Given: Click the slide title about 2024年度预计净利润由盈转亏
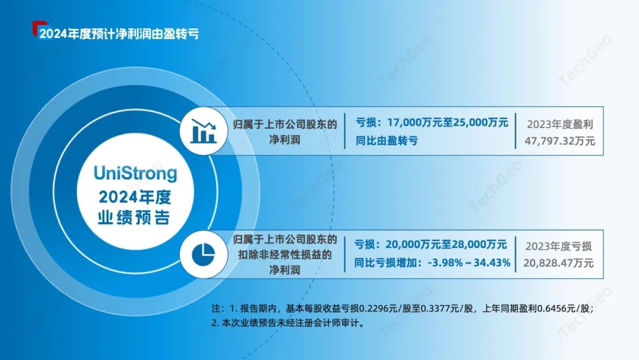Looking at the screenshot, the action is pos(119,33).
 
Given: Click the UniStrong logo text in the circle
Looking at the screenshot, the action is pos(135,173).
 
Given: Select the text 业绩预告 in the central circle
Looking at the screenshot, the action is pos(134,217).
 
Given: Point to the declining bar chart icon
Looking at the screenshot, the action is pos(204,131).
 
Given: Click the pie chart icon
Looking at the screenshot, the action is pos(204,255).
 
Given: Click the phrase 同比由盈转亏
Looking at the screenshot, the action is pos(387,141).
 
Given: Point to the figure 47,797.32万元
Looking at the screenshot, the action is pos(560,141).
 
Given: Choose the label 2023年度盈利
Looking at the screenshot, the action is pos(560,124).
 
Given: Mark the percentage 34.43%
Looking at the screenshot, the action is pos(492,262).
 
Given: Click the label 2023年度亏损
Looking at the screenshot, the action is pos(559,246).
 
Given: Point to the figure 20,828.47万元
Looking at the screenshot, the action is pos(559,263).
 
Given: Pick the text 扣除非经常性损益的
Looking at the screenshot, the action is pos(285,255).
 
